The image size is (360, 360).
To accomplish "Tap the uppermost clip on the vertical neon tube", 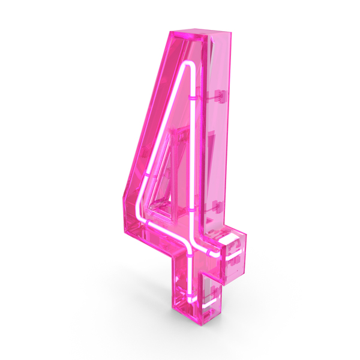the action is [x=193, y=98].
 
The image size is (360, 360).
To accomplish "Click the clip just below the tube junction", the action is [x=190, y=255].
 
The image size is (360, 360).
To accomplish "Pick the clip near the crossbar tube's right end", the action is [x=209, y=253].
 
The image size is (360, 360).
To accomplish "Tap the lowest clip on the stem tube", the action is [x=190, y=293].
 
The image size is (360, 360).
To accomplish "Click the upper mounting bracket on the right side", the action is [x=220, y=96].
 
